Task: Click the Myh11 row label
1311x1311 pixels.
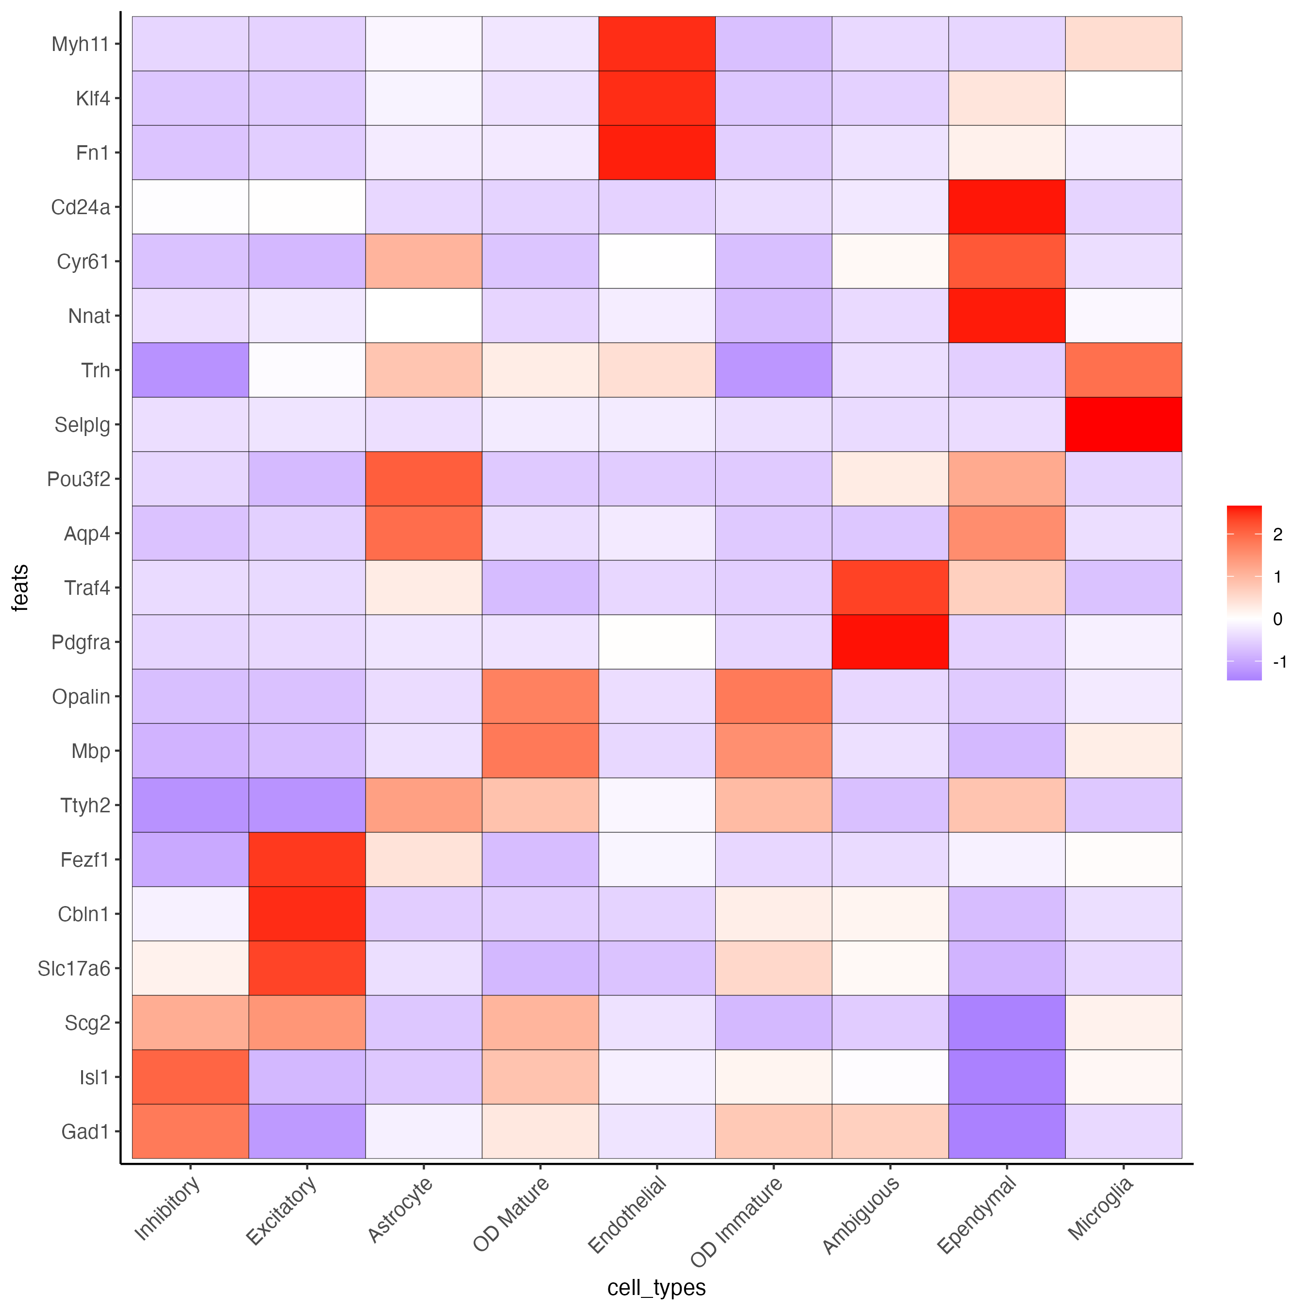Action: point(80,44)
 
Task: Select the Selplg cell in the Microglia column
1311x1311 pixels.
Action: point(1123,424)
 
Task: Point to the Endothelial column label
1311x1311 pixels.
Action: point(628,1215)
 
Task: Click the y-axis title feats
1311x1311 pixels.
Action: point(20,587)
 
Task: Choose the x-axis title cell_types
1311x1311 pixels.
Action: point(656,1287)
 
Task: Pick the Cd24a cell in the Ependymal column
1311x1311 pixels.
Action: point(1007,207)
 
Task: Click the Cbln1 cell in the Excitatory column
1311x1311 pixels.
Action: point(307,913)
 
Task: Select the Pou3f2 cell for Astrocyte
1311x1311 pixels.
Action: point(423,478)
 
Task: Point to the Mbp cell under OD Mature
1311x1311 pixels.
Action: point(540,751)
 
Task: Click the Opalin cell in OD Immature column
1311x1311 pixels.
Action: point(773,696)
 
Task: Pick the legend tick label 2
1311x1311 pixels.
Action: point(1278,535)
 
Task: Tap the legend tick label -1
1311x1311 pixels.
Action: point(1279,662)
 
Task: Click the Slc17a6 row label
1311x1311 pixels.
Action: point(73,968)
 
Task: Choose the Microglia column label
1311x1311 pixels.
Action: point(1101,1208)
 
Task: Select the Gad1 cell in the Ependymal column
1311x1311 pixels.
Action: point(1007,1131)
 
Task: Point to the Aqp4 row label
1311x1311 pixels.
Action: point(87,533)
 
